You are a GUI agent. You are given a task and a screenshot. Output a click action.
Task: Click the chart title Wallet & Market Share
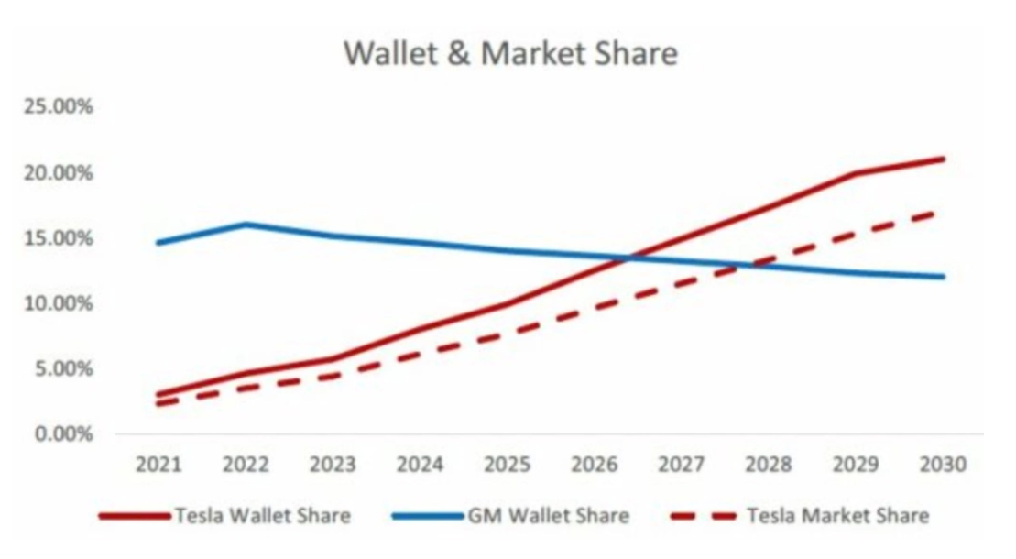click(x=510, y=53)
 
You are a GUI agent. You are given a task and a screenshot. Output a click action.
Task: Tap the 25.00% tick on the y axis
click(x=59, y=106)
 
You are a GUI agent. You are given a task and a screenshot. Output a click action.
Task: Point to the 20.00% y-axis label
click(x=59, y=173)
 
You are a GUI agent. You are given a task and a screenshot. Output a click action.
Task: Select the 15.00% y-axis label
click(x=59, y=238)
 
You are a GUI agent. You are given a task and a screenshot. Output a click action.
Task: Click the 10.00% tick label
click(x=59, y=303)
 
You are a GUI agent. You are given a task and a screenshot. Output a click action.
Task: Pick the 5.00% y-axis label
click(x=64, y=369)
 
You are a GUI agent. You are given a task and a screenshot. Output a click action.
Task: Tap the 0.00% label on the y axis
click(x=64, y=433)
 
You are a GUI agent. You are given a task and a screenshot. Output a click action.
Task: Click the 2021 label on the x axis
click(x=158, y=465)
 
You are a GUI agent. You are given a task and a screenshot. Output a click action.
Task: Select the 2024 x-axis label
click(x=420, y=465)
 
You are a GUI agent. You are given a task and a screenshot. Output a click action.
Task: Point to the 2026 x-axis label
click(x=595, y=465)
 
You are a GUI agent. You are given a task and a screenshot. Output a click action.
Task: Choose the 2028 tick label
click(x=769, y=465)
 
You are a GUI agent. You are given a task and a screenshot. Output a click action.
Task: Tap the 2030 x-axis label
click(x=943, y=465)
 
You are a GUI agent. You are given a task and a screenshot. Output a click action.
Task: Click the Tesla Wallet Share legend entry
click(x=224, y=516)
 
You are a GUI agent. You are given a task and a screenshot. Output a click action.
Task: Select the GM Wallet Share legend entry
click(x=511, y=516)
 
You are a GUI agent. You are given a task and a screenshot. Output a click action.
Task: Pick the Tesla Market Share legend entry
click(x=800, y=516)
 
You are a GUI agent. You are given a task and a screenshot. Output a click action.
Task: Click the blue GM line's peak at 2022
click(x=246, y=225)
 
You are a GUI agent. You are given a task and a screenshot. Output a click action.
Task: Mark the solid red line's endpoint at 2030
click(x=942, y=159)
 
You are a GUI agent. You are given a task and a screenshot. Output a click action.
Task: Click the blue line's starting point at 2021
click(x=158, y=243)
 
